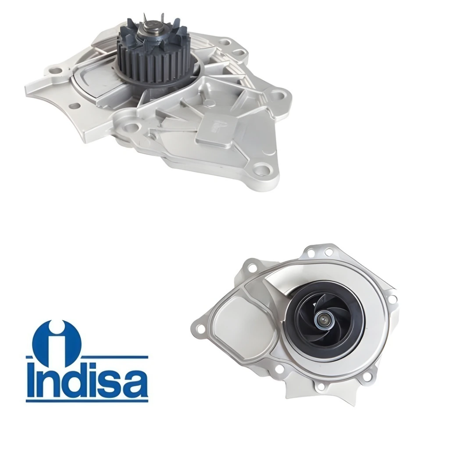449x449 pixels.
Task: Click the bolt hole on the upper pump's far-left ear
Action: coord(57,70)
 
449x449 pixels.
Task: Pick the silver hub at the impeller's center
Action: coord(323,318)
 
